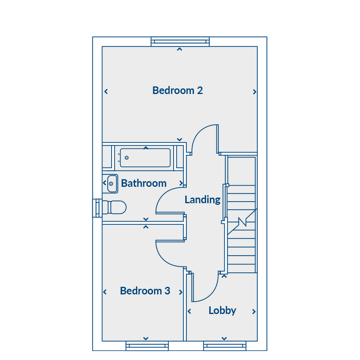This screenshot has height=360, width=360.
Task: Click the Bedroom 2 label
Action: pyautogui.click(x=178, y=90)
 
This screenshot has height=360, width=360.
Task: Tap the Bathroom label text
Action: pyautogui.click(x=144, y=183)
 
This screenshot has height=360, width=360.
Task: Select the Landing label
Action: pyautogui.click(x=202, y=200)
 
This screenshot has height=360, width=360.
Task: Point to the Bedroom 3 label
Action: pyautogui.click(x=145, y=291)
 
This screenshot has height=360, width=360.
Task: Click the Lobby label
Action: pyautogui.click(x=222, y=311)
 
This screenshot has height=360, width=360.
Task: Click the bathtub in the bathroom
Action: pyautogui.click(x=145, y=158)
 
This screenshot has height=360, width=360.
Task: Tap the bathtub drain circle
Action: pyautogui.click(x=126, y=158)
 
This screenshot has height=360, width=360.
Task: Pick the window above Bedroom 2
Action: pyautogui.click(x=180, y=42)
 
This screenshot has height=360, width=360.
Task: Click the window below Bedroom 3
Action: pyautogui.click(x=147, y=346)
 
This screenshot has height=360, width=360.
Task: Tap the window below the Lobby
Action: pyautogui.click(x=224, y=346)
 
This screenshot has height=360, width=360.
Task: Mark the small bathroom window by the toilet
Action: pyautogui.click(x=97, y=208)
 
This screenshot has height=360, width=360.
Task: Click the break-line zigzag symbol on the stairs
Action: pyautogui.click(x=242, y=222)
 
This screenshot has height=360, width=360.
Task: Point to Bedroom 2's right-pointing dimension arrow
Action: pyautogui.click(x=254, y=92)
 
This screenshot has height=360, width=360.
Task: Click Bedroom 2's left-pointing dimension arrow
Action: pyautogui.click(x=106, y=92)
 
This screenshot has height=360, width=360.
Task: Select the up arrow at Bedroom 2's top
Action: pyautogui.click(x=180, y=49)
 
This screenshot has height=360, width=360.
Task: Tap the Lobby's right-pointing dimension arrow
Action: pyautogui.click(x=254, y=312)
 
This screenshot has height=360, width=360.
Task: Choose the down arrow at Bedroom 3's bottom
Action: pyautogui.click(x=146, y=338)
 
